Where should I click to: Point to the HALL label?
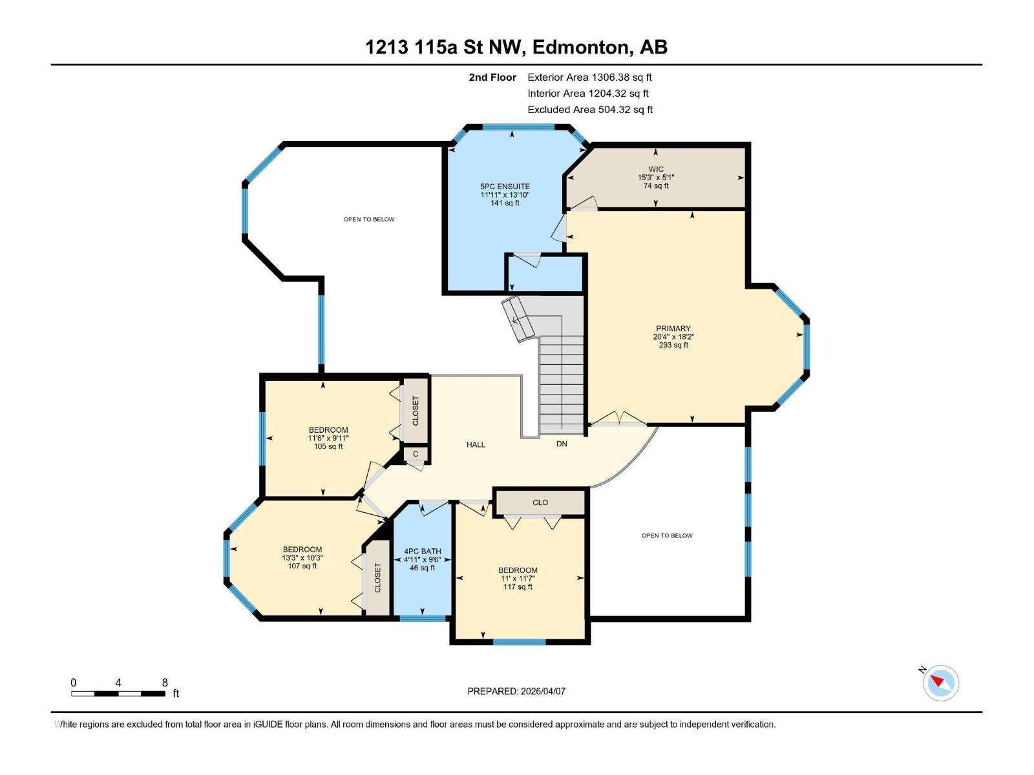pyautogui.click(x=476, y=444)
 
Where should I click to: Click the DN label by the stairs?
pyautogui.click(x=562, y=444)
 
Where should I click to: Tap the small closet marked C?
pyautogui.click(x=416, y=454)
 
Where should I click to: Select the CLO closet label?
pyautogui.click(x=540, y=502)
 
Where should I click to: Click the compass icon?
pyautogui.click(x=940, y=683)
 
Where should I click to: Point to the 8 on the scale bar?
pyautogui.click(x=165, y=683)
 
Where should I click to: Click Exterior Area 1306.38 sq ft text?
pyautogui.click(x=589, y=77)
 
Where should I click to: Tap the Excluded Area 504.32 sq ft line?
pyautogui.click(x=589, y=110)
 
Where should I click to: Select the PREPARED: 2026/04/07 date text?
pyautogui.click(x=516, y=691)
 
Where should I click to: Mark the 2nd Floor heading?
pyautogui.click(x=492, y=77)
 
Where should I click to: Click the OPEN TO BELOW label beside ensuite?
pyautogui.click(x=369, y=220)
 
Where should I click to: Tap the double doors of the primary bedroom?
pyautogui.click(x=619, y=420)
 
